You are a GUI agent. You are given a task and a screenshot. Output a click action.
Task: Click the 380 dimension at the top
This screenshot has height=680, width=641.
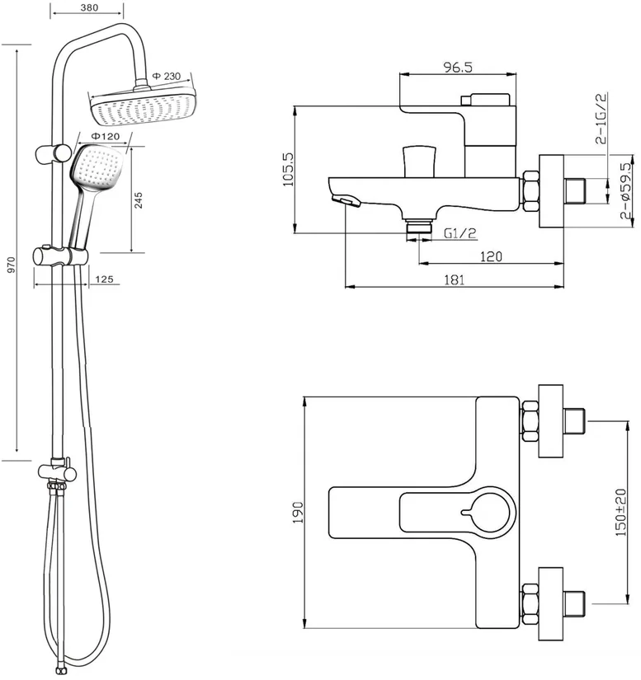(x=89, y=7)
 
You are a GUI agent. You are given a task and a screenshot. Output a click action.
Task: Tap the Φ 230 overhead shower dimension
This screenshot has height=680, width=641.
(x=167, y=77)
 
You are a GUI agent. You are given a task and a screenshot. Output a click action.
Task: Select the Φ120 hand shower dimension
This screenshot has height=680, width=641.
(x=105, y=136)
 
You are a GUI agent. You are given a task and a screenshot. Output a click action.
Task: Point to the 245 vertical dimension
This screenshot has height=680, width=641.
(x=139, y=200)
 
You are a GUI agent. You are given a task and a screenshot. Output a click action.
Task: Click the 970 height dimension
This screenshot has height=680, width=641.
(x=12, y=265)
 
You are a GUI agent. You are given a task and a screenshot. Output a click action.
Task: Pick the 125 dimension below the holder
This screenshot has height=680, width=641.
(x=104, y=279)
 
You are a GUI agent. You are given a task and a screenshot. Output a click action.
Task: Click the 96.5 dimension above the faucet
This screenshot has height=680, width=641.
(x=457, y=68)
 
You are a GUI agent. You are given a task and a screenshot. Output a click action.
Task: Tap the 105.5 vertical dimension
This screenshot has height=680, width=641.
(x=288, y=169)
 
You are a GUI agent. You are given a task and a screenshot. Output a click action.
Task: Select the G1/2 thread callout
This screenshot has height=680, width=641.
(x=460, y=233)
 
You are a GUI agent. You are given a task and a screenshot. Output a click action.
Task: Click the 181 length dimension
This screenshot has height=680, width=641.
(x=454, y=279)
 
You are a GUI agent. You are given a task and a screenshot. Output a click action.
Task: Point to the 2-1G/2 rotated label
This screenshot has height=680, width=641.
(x=601, y=118)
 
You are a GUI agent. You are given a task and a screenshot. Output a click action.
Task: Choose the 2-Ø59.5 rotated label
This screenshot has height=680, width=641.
(x=626, y=191)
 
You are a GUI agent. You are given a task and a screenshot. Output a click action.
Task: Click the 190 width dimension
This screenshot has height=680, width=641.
(x=298, y=512)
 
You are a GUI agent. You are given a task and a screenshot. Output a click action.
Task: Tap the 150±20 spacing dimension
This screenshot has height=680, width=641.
(x=621, y=512)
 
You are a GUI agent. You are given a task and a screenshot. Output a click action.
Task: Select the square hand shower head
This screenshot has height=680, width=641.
(x=97, y=168)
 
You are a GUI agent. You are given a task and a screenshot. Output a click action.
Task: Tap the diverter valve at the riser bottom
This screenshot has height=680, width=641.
(x=57, y=471)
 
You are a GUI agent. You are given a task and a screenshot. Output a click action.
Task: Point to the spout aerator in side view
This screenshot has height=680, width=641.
(x=346, y=201)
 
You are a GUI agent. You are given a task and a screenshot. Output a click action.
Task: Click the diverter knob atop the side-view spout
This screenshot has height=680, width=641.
(x=419, y=162)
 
